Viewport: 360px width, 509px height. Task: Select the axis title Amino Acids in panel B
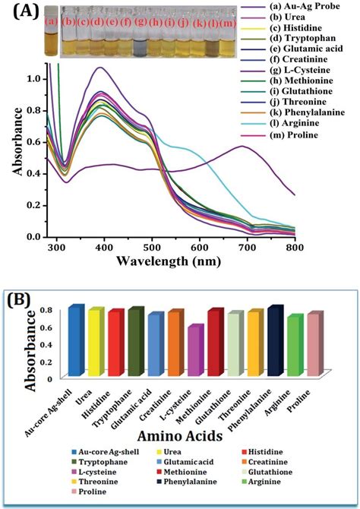pos(179,436)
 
